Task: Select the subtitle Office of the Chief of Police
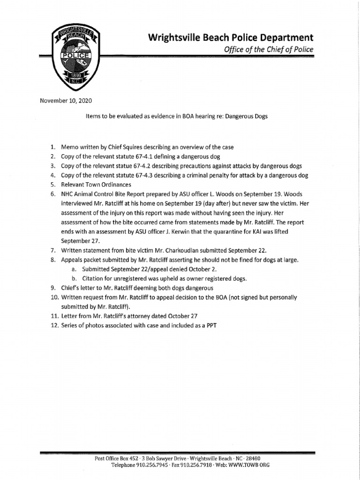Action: coord(265,49)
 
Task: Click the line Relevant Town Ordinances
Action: coord(97,185)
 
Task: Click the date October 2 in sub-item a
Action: coord(195,270)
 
